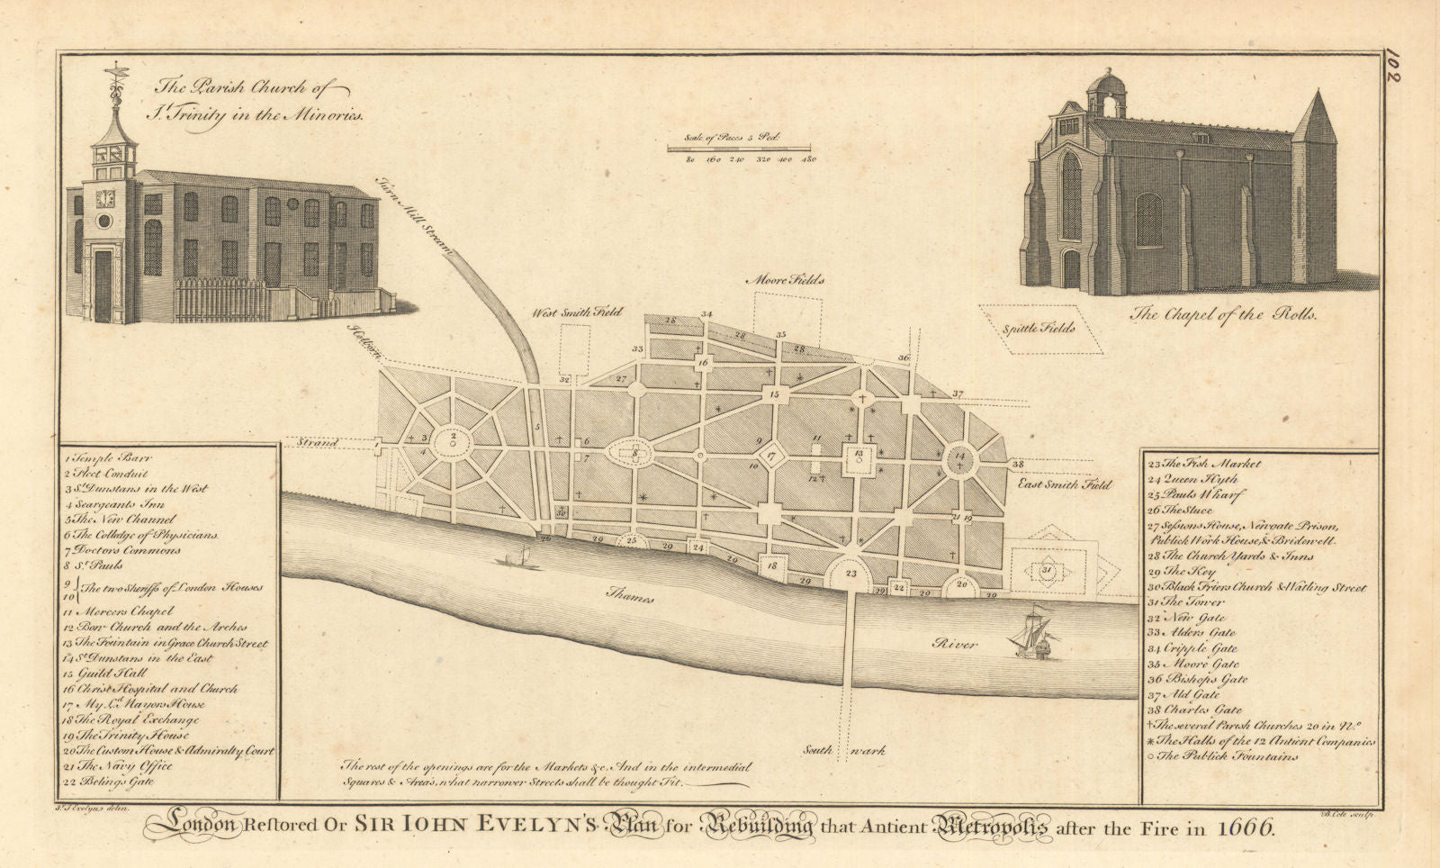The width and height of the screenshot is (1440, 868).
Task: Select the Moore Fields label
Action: (784, 280)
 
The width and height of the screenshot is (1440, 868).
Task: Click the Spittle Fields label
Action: (1039, 329)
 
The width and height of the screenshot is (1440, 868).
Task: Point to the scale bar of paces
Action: (738, 147)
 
